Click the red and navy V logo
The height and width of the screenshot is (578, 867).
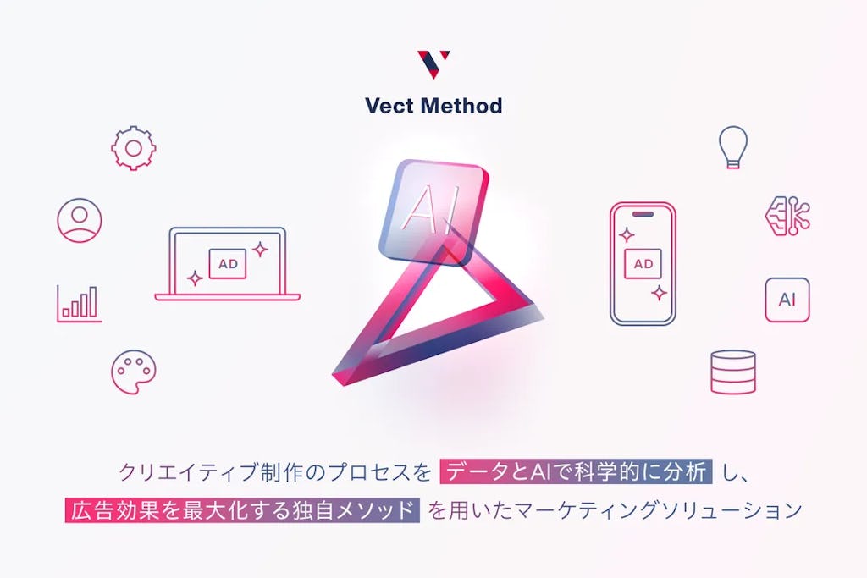point(433,64)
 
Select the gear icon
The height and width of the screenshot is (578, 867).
point(133,149)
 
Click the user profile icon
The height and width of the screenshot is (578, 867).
point(80,220)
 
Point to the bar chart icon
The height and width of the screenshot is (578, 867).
point(79,303)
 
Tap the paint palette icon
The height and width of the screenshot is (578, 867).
point(134,372)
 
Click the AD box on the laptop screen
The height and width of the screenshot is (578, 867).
point(228,264)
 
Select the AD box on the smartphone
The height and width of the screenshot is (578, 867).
point(643,264)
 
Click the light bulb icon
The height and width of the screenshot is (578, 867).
point(733,146)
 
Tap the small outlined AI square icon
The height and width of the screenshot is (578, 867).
point(787,300)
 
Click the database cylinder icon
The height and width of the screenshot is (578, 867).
point(733,372)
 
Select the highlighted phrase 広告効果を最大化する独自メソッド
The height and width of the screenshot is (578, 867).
point(242,511)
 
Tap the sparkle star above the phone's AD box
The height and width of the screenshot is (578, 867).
point(627,234)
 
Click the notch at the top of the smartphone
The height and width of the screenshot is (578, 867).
point(643,213)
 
